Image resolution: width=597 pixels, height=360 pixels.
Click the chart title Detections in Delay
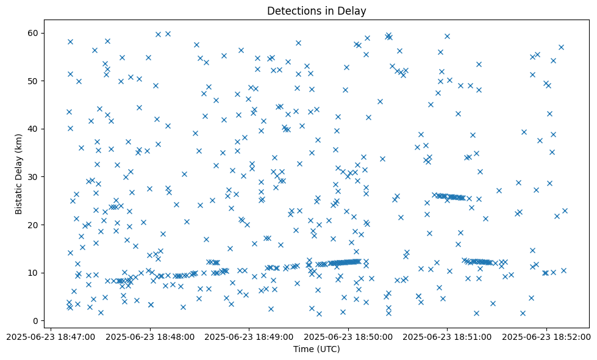316,10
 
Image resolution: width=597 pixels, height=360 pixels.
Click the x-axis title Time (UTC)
316,350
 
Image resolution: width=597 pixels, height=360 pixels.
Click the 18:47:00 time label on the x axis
51,336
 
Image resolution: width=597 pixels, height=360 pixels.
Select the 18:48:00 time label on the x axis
150,336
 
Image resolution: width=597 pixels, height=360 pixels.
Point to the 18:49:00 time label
249,336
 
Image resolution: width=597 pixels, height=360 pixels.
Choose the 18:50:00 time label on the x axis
349,336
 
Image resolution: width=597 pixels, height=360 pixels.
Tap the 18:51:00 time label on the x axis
448,336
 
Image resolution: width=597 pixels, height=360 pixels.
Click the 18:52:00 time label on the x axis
546,336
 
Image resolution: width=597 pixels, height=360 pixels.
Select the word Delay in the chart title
352,10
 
